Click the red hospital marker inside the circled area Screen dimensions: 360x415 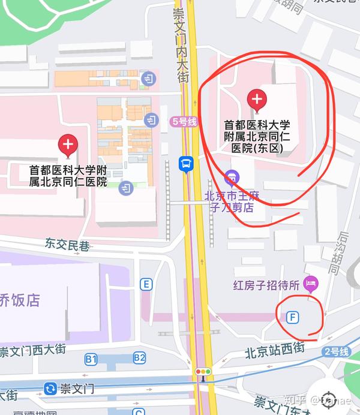click(257, 100)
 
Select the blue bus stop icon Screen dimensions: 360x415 click(186, 163)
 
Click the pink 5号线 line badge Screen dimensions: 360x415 click(184, 121)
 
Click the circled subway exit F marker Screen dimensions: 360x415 click(293, 317)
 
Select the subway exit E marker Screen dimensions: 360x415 click(146, 284)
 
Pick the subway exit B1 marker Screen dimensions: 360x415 click(91, 359)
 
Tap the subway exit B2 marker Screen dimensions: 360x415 click(139, 358)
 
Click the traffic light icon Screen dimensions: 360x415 click(203, 372)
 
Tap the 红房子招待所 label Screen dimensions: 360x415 click(266, 285)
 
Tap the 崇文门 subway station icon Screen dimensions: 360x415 click(50, 388)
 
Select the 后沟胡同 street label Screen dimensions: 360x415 click(341, 252)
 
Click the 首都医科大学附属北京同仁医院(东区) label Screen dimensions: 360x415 click(257, 136)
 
